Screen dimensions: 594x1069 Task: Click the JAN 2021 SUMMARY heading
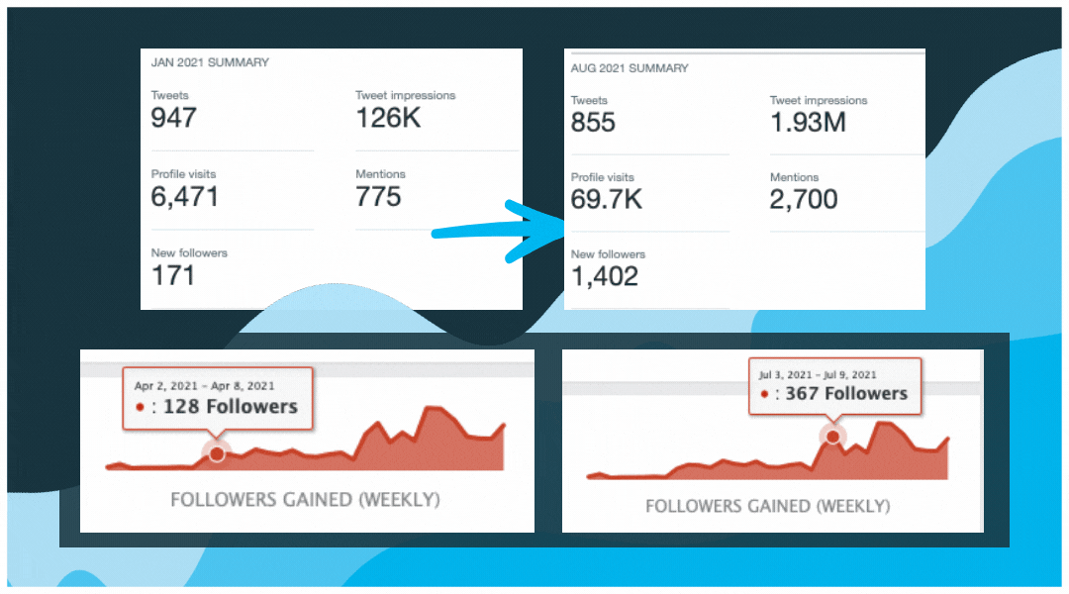(x=210, y=62)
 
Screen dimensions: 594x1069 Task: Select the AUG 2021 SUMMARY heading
(x=630, y=68)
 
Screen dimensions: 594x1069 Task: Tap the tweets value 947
(x=174, y=118)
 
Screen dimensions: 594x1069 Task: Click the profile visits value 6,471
(x=185, y=196)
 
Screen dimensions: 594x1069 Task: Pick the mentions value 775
(x=378, y=196)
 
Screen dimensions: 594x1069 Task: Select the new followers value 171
(x=173, y=274)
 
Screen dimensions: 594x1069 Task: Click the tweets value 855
(x=593, y=122)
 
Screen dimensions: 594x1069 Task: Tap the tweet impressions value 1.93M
(x=808, y=122)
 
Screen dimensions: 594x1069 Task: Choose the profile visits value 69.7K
(x=607, y=199)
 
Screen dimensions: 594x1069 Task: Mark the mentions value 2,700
(x=804, y=199)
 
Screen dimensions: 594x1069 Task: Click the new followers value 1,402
(x=605, y=276)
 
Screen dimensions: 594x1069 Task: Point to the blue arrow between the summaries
(x=500, y=232)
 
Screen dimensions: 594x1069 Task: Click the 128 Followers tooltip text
(x=230, y=406)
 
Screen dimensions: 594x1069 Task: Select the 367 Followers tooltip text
(x=846, y=393)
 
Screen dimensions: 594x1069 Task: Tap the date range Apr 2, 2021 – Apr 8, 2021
(x=205, y=385)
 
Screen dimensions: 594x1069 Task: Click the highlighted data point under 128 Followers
(x=216, y=452)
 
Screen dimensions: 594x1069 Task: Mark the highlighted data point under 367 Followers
(x=832, y=436)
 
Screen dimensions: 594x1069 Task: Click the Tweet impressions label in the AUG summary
(x=819, y=100)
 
